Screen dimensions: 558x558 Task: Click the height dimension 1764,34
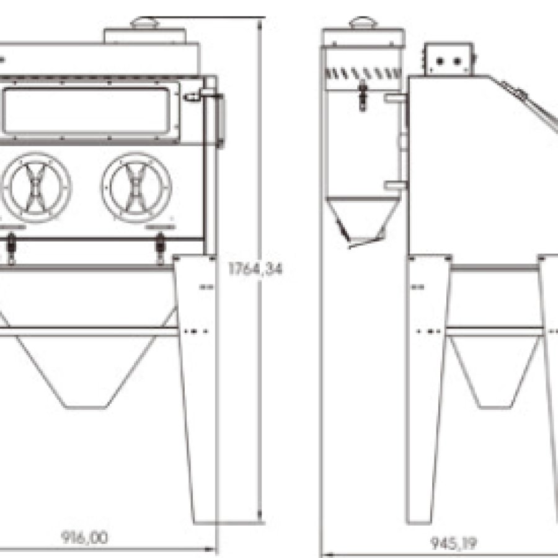(255, 269)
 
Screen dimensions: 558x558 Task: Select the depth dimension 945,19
(453, 543)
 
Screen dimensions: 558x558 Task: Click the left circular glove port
(37, 185)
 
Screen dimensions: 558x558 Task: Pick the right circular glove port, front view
(135, 185)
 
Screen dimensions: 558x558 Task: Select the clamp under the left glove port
(11, 247)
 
